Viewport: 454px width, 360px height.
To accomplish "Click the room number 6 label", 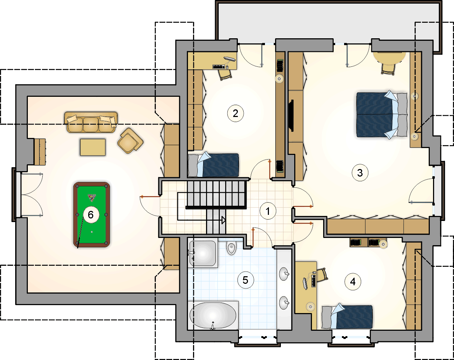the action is coord(91,214).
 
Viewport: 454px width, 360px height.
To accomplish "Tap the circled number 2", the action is coord(235,113).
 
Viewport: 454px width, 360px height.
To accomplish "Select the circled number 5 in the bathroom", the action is coord(245,280).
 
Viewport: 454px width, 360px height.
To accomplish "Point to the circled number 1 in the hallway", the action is coord(268,211).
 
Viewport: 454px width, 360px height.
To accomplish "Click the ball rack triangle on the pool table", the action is coord(92,198).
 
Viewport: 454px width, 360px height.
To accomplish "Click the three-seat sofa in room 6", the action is coord(91,122).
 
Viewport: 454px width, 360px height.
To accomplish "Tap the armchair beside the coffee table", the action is coord(130,140).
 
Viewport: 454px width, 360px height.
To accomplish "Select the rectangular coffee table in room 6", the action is coord(93,147).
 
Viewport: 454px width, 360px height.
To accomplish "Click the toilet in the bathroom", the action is coord(231,248).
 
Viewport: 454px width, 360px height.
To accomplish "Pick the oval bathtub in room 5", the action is coord(213,316).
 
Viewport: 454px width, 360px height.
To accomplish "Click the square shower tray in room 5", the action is coord(203,254).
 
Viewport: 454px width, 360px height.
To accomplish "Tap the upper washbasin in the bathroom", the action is coord(284,274).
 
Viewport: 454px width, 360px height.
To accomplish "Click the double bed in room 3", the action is coord(382,115).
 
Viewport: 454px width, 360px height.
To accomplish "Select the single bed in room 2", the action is coord(214,165).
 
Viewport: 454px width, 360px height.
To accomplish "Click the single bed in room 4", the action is coord(347,317).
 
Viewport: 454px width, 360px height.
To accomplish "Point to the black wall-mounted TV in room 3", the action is coord(291,116).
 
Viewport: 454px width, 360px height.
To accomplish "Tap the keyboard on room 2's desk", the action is coord(218,67).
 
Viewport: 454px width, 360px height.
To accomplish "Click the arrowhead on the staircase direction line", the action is coord(224,220).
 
